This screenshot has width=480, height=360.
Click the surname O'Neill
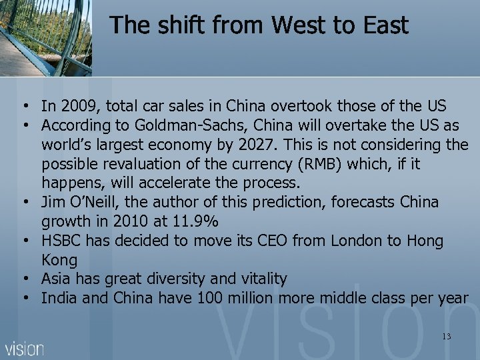pyautogui.click(x=93, y=201)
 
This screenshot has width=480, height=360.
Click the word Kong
pyautogui.click(x=59, y=259)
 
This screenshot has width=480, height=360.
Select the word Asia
pyautogui.click(x=57, y=279)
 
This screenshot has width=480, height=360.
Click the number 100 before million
pyautogui.click(x=211, y=298)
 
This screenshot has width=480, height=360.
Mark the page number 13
pyautogui.click(x=446, y=337)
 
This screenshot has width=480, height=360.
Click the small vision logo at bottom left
pyautogui.click(x=25, y=348)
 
